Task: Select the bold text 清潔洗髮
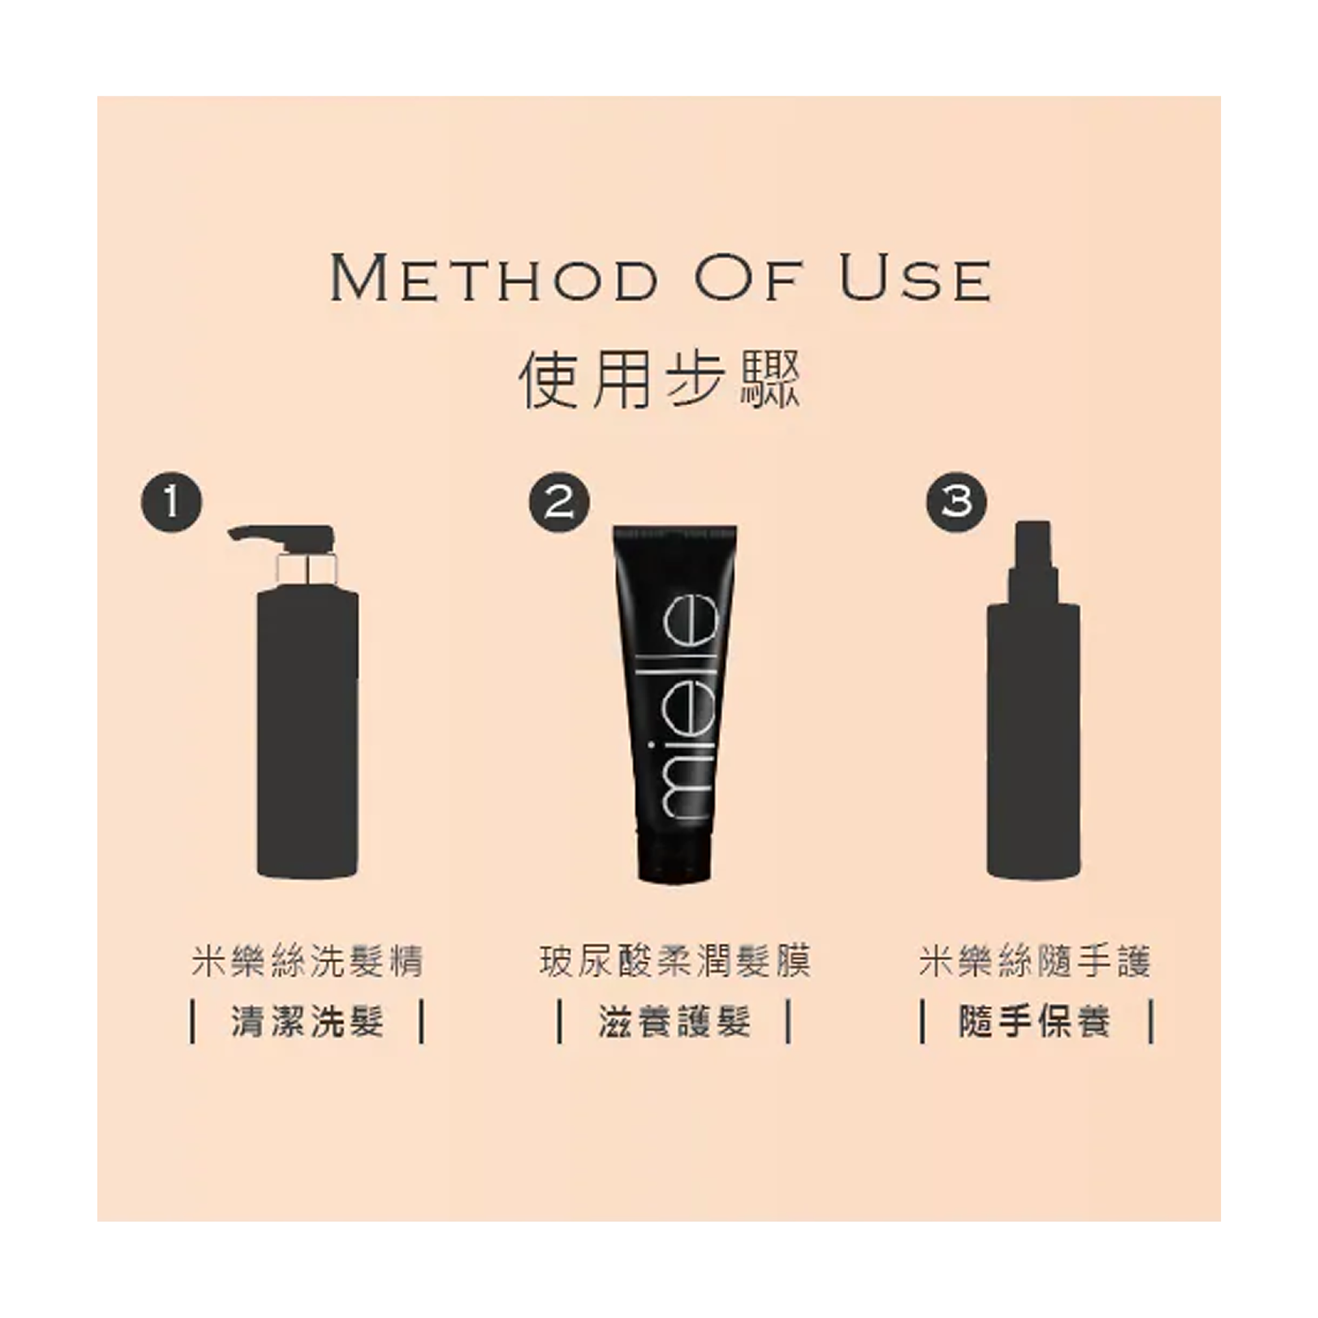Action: (x=308, y=1021)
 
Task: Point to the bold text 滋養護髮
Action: (x=675, y=1021)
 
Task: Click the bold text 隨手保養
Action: (x=1035, y=1021)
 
